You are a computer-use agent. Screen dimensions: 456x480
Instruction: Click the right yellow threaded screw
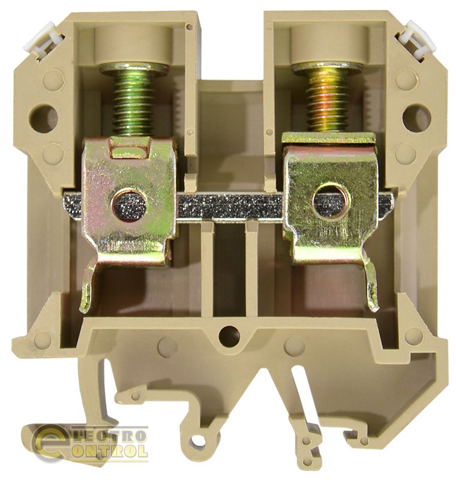(328, 97)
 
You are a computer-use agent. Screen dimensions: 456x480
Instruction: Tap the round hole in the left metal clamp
(129, 204)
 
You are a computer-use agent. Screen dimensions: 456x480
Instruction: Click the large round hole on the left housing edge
(43, 118)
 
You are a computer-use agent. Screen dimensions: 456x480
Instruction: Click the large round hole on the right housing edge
(416, 118)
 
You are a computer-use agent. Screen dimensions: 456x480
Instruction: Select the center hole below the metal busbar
(229, 336)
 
